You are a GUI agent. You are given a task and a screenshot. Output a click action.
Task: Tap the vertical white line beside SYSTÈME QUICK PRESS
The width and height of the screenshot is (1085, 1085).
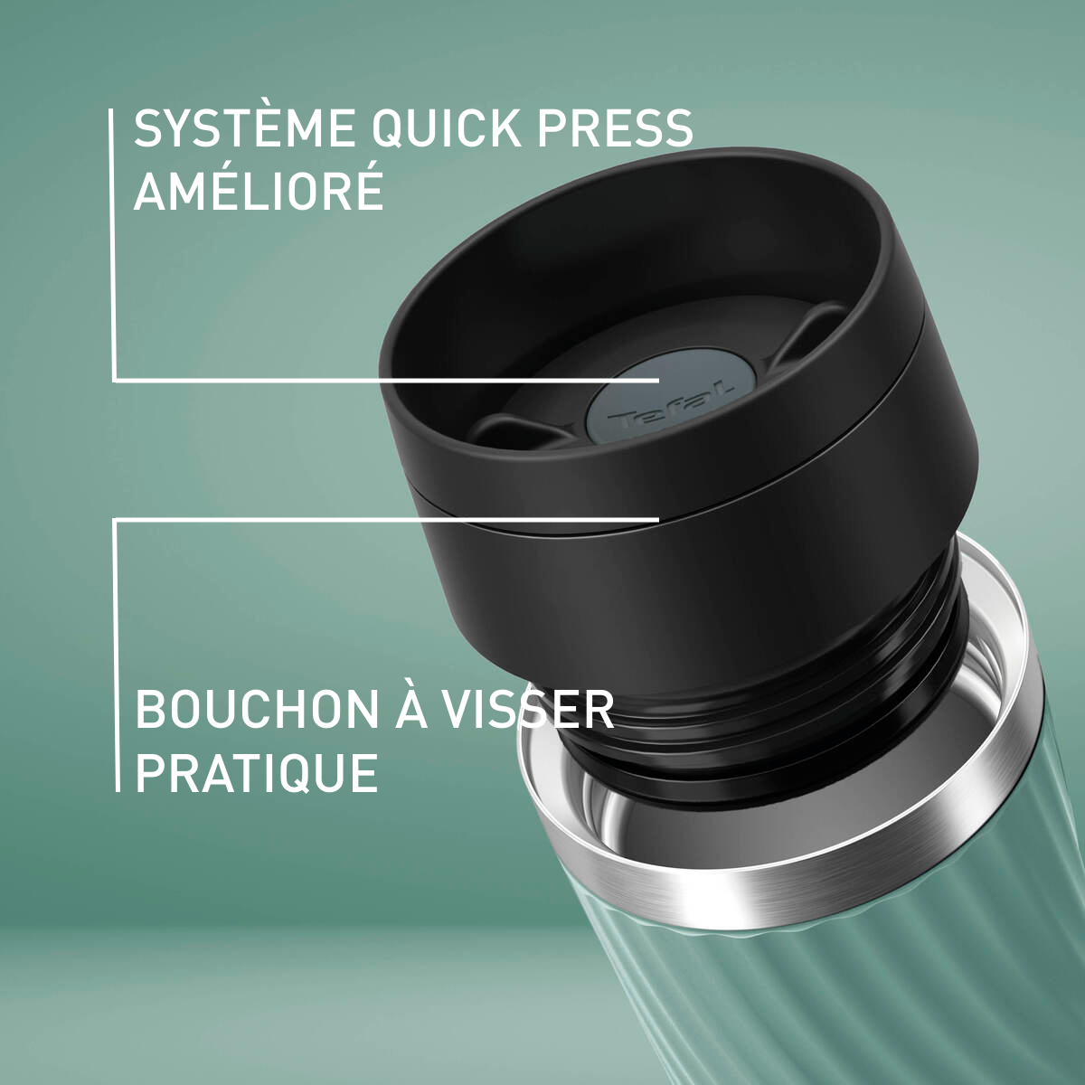[x=113, y=244]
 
